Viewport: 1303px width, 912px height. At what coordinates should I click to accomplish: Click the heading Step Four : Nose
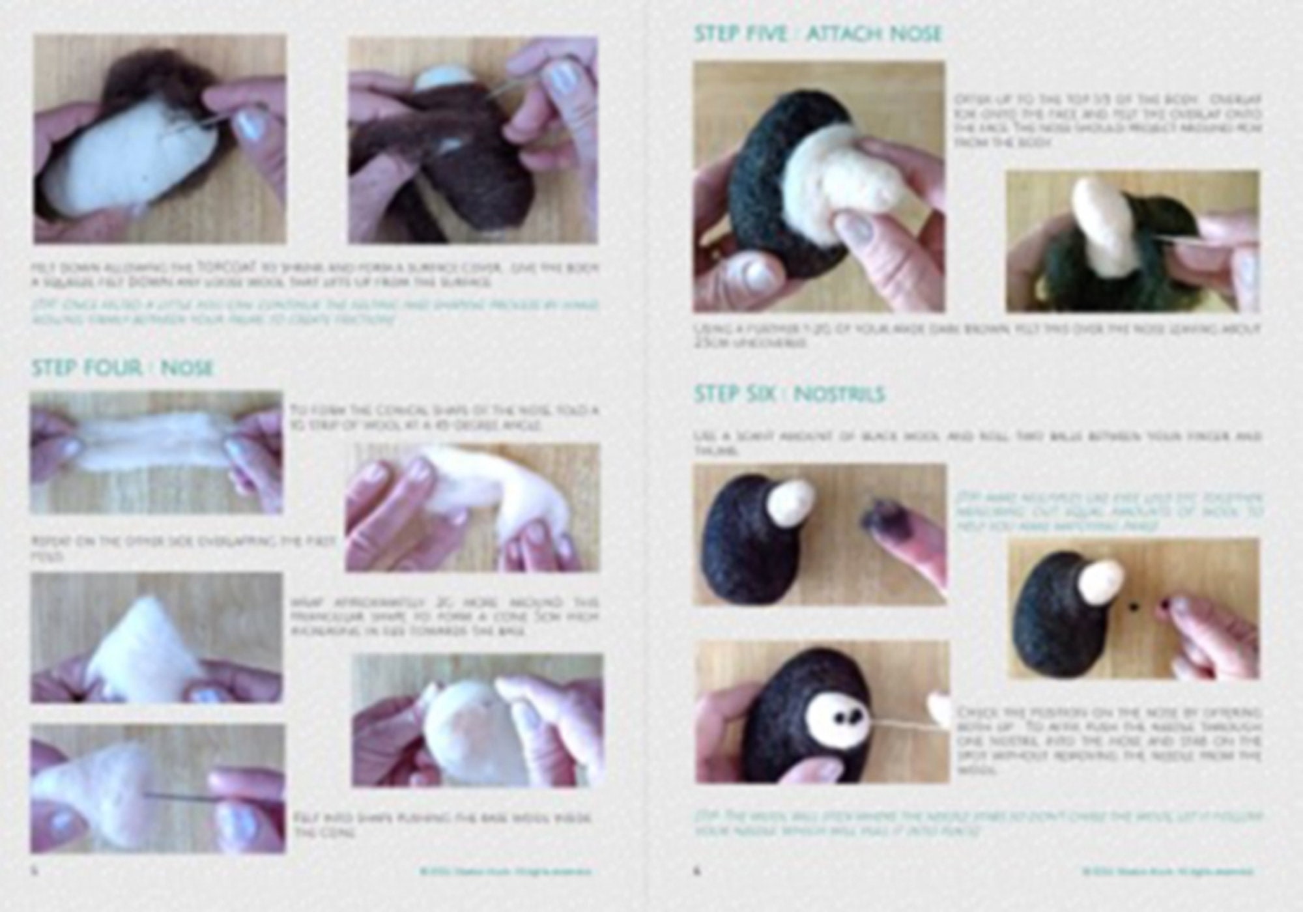point(122,368)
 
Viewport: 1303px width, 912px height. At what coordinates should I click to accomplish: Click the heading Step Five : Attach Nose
point(818,33)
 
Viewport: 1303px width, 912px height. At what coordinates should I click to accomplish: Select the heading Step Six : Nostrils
point(789,394)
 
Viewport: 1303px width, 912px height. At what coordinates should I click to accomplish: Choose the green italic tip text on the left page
point(316,312)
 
